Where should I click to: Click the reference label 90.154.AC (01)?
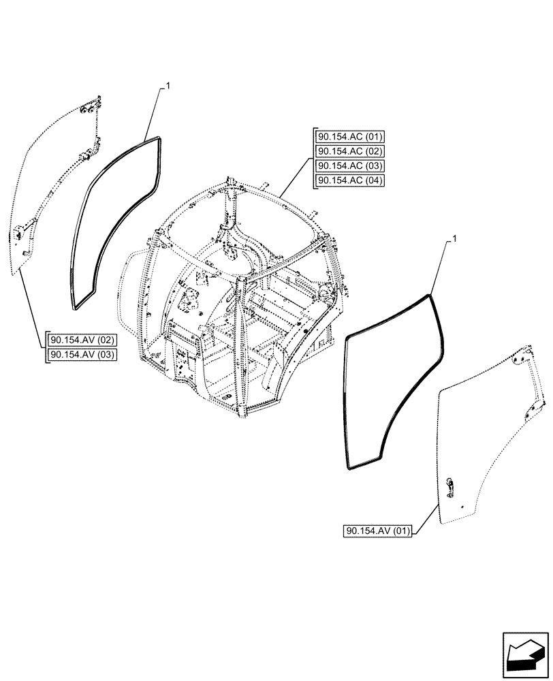pyautogui.click(x=350, y=136)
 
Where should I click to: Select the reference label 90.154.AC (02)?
pyautogui.click(x=350, y=151)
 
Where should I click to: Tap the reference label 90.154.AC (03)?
pyautogui.click(x=350, y=166)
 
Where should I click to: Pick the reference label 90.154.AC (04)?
pyautogui.click(x=350, y=180)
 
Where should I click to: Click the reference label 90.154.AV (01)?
pyautogui.click(x=379, y=532)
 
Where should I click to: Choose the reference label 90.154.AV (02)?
pyautogui.click(x=82, y=340)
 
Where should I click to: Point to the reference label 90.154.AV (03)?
pyautogui.click(x=82, y=354)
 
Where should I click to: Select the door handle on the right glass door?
pyautogui.click(x=449, y=485)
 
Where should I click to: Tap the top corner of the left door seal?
pyautogui.click(x=159, y=139)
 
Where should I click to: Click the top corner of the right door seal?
pyautogui.click(x=430, y=296)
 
